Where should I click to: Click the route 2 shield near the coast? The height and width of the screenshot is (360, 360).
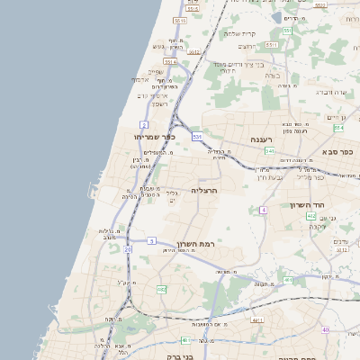pos(144,123)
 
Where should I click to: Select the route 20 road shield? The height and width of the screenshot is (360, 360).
pos(129,248)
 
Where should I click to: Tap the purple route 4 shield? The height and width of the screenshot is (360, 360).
pos(263,210)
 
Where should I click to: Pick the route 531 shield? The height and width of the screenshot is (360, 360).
pos(197,136)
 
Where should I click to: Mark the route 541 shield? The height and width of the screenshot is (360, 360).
pos(269,151)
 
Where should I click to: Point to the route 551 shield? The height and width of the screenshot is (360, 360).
pos(286,31)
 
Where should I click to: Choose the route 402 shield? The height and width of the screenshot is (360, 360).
pos(310,216)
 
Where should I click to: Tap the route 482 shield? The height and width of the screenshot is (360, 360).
pos(161,289)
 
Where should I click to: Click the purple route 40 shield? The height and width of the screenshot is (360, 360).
pos(326,330)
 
